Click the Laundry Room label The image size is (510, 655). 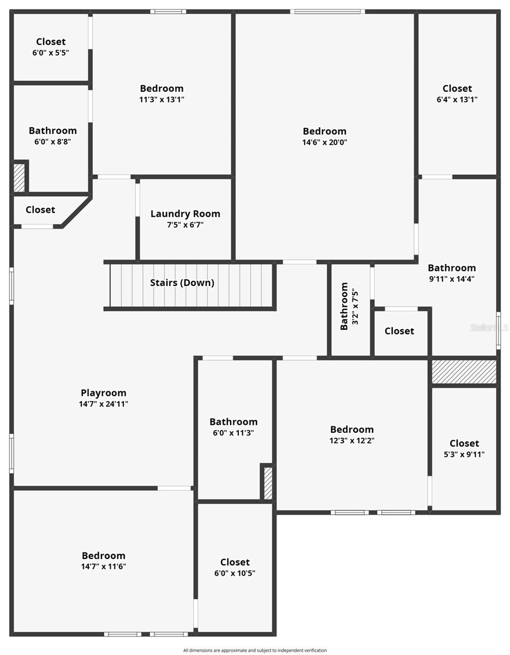(185, 213)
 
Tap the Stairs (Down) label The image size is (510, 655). (182, 283)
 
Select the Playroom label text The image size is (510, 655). (104, 392)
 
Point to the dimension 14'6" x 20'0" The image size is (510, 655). (325, 142)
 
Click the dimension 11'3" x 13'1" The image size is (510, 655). (161, 100)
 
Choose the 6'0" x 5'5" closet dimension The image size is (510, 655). (51, 53)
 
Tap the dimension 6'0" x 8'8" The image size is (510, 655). (52, 141)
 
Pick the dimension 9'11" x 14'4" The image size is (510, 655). (452, 279)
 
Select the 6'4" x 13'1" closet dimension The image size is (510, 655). (457, 100)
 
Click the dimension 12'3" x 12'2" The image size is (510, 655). (352, 441)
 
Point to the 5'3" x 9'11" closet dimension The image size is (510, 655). (464, 455)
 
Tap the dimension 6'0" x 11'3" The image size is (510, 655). (233, 433)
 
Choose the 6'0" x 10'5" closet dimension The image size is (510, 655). (235, 573)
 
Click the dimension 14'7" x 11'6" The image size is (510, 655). (104, 567)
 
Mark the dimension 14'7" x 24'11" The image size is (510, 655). (104, 404)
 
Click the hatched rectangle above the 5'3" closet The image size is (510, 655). (464, 372)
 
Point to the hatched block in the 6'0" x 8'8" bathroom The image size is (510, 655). (19, 177)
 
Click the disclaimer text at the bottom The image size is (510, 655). (255, 650)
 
